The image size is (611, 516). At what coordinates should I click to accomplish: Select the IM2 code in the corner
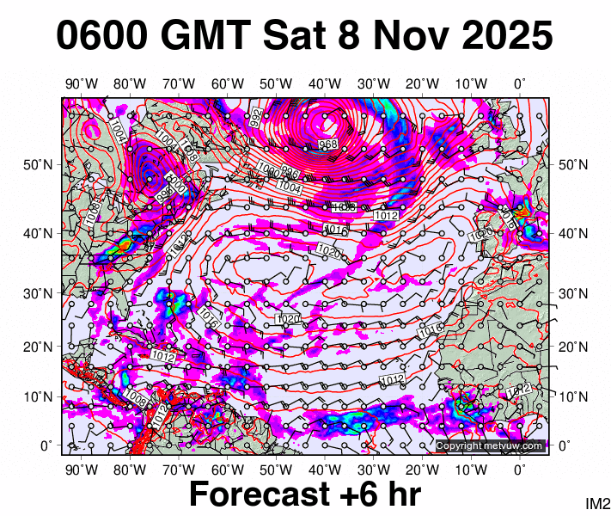coord(597,503)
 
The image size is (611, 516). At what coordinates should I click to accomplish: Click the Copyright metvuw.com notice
coord(490,445)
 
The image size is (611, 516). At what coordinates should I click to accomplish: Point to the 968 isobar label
coord(327,144)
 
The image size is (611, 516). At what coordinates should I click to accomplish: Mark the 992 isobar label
coord(256,118)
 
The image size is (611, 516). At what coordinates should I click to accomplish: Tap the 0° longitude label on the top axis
coord(520,84)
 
